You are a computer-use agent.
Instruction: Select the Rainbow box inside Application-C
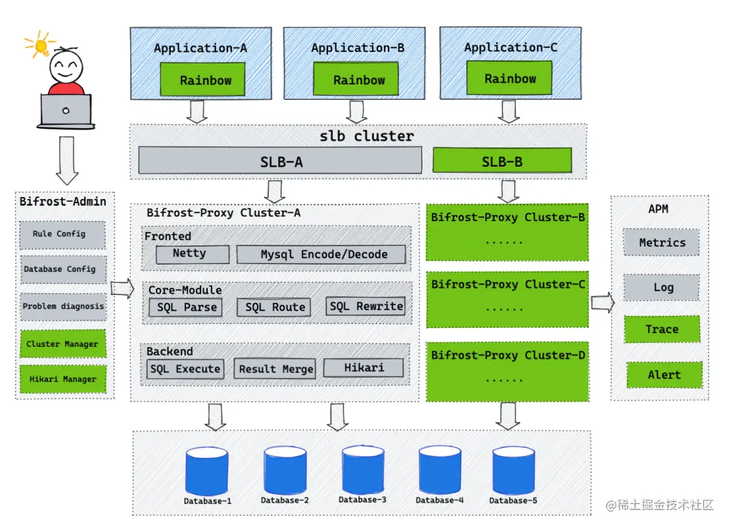click(510, 78)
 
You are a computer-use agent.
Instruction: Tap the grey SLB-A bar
click(280, 161)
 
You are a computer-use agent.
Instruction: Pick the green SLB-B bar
click(502, 161)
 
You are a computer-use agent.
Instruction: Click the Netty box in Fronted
click(190, 254)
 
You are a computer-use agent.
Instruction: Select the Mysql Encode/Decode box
click(321, 254)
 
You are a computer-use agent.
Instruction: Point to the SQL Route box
click(274, 307)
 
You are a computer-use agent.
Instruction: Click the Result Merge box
click(275, 368)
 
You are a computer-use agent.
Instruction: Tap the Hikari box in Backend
click(363, 368)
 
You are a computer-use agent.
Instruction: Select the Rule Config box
click(62, 234)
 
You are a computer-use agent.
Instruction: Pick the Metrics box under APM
click(661, 242)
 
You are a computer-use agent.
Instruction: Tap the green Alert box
click(664, 375)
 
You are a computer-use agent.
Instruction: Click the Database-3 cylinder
click(362, 471)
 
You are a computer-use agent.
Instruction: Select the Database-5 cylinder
click(513, 471)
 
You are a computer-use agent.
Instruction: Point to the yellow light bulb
click(40, 45)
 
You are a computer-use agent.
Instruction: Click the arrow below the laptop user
click(67, 161)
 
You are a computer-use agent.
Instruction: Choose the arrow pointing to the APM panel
click(602, 302)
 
